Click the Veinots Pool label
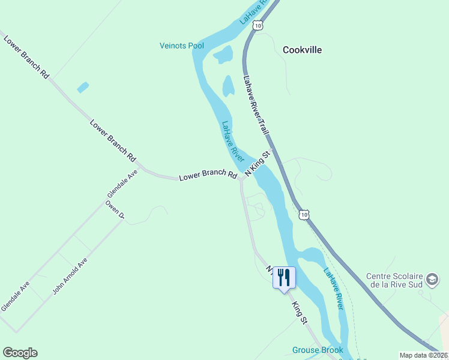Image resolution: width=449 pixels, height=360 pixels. click(x=182, y=46)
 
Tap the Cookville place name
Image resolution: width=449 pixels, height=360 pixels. click(x=302, y=50)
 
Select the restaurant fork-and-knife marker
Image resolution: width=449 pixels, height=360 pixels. click(x=284, y=278)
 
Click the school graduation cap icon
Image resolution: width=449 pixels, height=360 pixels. click(x=432, y=279)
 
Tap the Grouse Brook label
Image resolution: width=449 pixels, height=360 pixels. click(x=318, y=350)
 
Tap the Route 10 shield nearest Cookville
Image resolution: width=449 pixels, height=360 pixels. click(x=258, y=25)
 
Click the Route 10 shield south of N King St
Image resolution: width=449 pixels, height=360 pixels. click(x=305, y=214)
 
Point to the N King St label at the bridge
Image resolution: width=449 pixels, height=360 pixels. click(x=259, y=162)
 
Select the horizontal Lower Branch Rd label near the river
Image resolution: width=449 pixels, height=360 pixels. click(x=208, y=175)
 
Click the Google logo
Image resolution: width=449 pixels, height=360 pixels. click(x=20, y=353)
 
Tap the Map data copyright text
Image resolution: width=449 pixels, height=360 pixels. click(x=424, y=355)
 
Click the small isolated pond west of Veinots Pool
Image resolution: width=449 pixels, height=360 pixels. click(x=83, y=87)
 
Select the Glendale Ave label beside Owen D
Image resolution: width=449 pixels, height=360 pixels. click(x=122, y=184)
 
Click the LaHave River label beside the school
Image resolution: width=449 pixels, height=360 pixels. click(x=334, y=289)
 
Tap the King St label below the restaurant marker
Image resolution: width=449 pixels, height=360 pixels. click(x=299, y=313)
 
